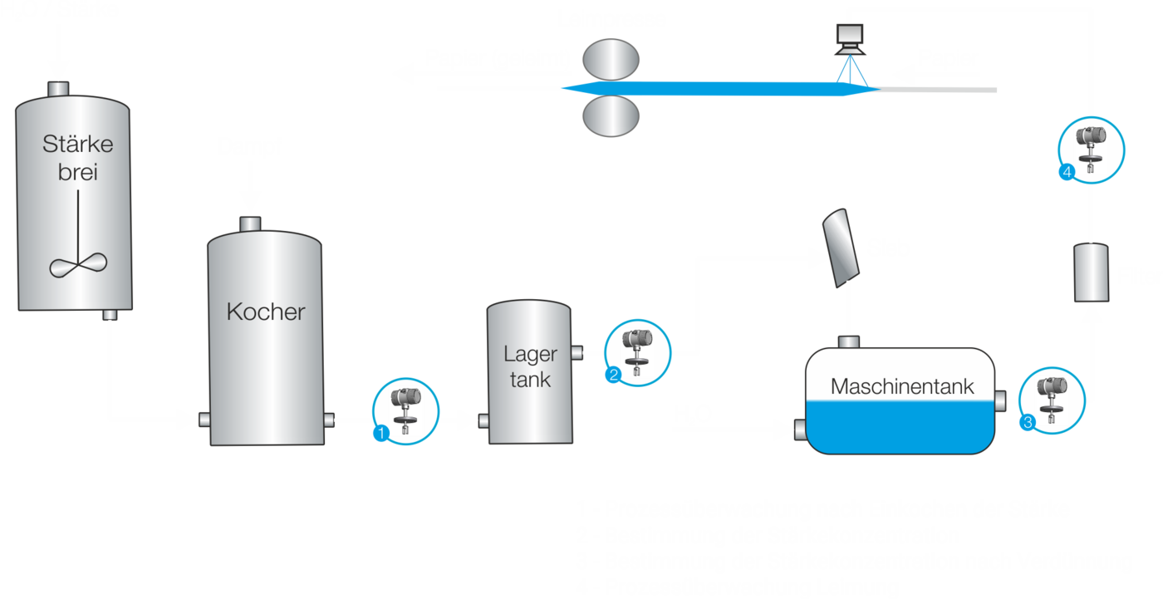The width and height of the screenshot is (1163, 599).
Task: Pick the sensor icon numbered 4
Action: [x=1091, y=150]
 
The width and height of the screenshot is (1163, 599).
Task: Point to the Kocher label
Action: [x=266, y=312]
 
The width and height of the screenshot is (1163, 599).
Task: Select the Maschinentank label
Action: [x=902, y=386]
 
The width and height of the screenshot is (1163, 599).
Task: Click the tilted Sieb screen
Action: [x=842, y=245]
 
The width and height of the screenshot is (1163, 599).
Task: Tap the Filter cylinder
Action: [x=1092, y=272]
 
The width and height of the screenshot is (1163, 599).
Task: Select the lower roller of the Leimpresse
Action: [x=610, y=115]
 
